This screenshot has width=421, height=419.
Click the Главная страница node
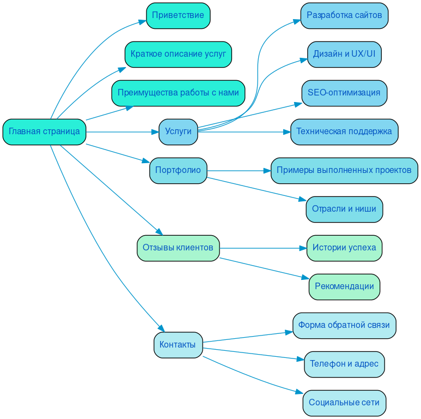[x=44, y=131]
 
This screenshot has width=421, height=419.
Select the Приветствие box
[x=178, y=15]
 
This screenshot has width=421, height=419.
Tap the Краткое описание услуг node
[x=178, y=54]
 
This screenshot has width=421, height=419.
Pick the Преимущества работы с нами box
[x=178, y=93]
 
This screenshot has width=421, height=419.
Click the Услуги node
[x=178, y=131]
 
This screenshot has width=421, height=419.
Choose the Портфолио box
[x=178, y=170]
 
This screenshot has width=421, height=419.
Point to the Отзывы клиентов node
[x=178, y=248]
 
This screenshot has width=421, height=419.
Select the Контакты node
[x=178, y=345]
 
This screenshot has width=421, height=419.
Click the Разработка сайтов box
[x=344, y=15]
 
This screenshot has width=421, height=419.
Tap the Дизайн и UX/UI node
[x=344, y=54]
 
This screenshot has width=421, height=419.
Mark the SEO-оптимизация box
[x=344, y=93]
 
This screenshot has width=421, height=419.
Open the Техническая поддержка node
[x=344, y=131]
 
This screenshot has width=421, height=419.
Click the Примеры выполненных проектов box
[x=344, y=170]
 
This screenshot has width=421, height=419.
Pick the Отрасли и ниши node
[x=344, y=209]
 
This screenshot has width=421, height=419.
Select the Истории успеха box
[x=344, y=248]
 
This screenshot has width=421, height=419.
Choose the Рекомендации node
[x=344, y=286]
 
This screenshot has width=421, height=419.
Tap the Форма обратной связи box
[x=344, y=325]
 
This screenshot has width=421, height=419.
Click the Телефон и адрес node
[x=344, y=364]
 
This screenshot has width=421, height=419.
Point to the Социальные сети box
[x=344, y=403]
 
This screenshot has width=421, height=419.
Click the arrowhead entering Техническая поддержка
[x=286, y=131]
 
